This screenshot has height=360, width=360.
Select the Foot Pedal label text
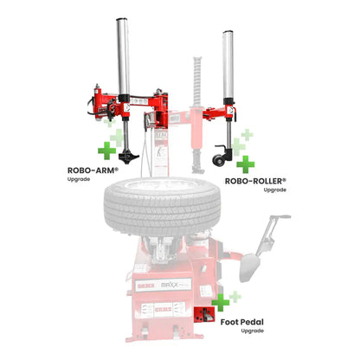coord(241,321)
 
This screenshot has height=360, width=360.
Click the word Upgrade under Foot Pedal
coord(252,331)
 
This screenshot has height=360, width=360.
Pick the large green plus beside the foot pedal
coord(222,302)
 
